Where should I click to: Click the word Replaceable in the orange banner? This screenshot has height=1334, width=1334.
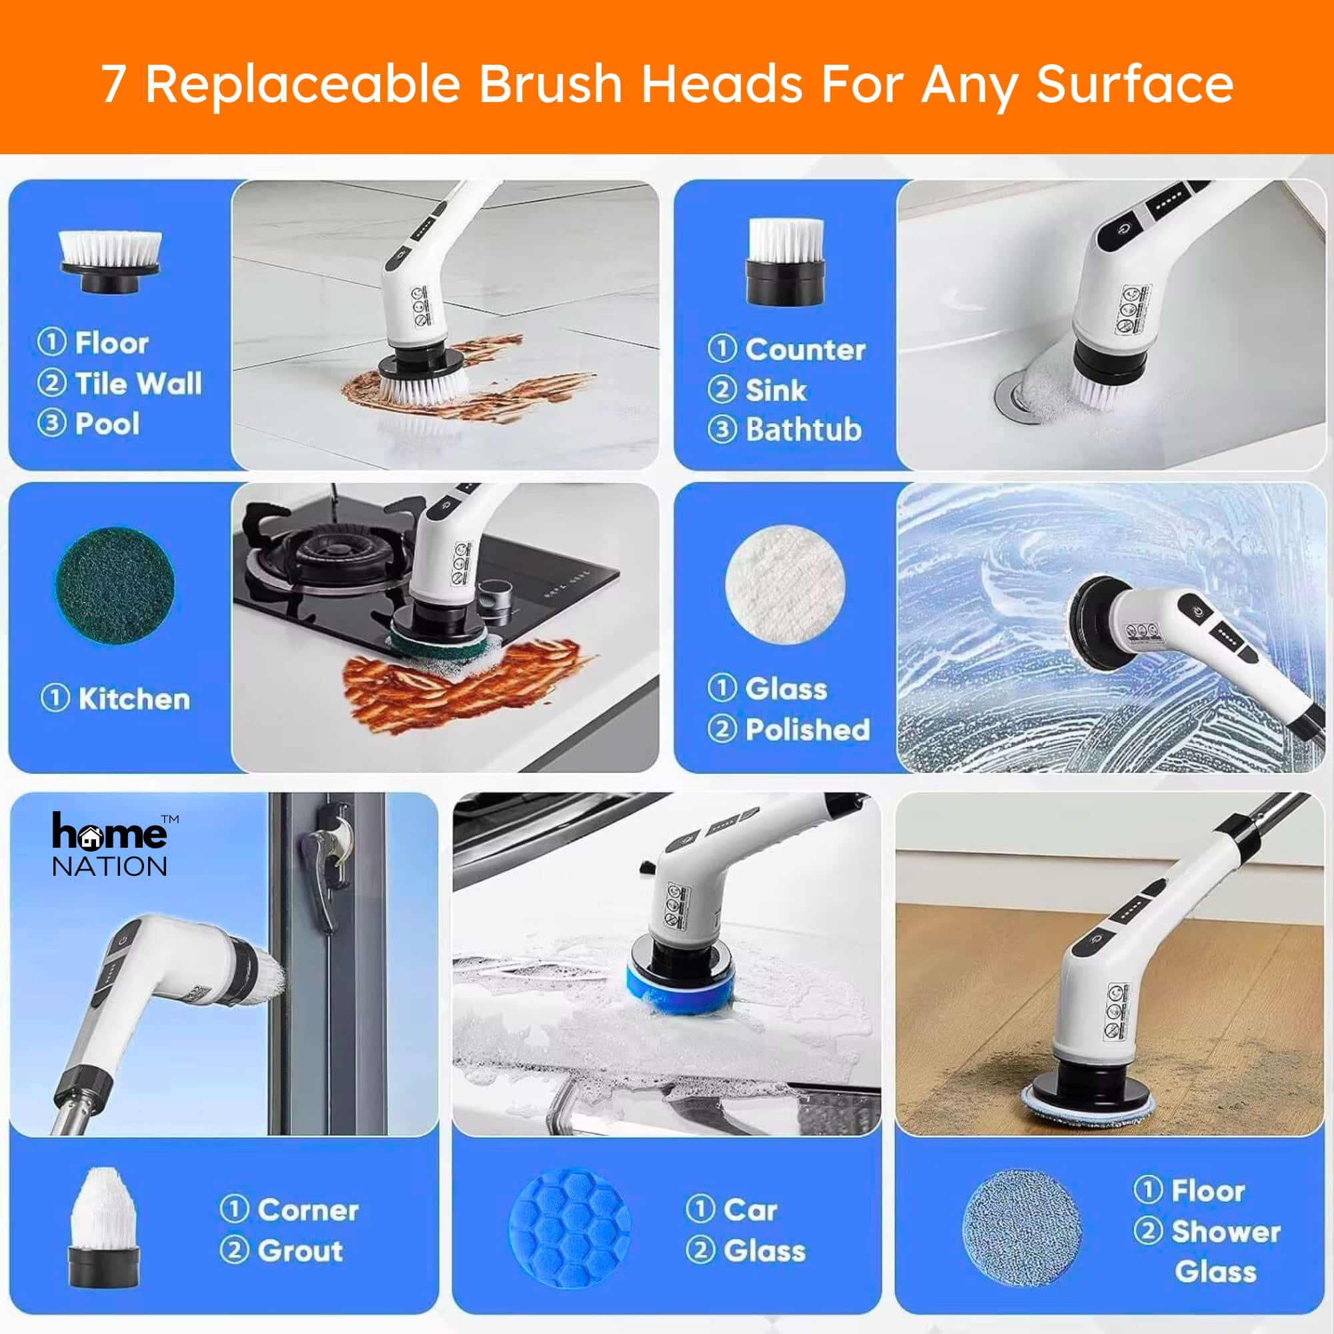[x=302, y=84]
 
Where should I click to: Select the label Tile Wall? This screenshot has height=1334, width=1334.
[x=138, y=384]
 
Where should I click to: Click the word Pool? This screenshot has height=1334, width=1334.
[x=107, y=424]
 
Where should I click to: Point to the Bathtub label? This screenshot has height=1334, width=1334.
[x=804, y=430]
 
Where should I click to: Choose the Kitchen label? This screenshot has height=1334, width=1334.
[x=134, y=699]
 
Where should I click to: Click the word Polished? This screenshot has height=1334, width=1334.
[x=808, y=729]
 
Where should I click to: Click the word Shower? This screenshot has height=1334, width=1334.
[x=1225, y=1231]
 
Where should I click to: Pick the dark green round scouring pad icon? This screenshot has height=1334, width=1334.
[x=115, y=586]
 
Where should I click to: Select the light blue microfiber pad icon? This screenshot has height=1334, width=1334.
[x=1023, y=1229]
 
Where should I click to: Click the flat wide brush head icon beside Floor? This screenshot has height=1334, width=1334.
[x=111, y=261]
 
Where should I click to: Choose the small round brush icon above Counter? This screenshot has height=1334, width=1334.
[x=786, y=261]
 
